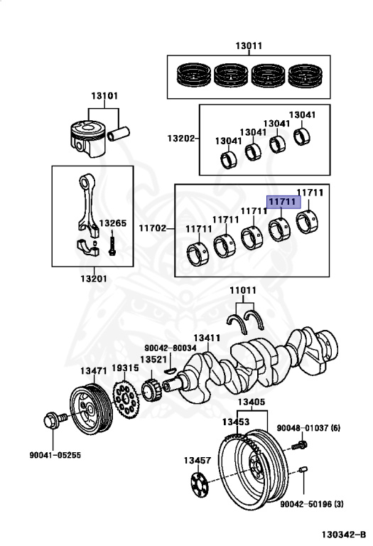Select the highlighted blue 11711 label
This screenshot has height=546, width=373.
(x=283, y=203)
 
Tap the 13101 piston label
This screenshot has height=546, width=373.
(x=104, y=96)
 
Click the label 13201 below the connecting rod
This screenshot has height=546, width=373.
(x=92, y=278)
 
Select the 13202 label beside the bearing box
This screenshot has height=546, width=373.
(x=181, y=138)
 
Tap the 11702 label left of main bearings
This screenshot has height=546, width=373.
(x=152, y=228)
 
